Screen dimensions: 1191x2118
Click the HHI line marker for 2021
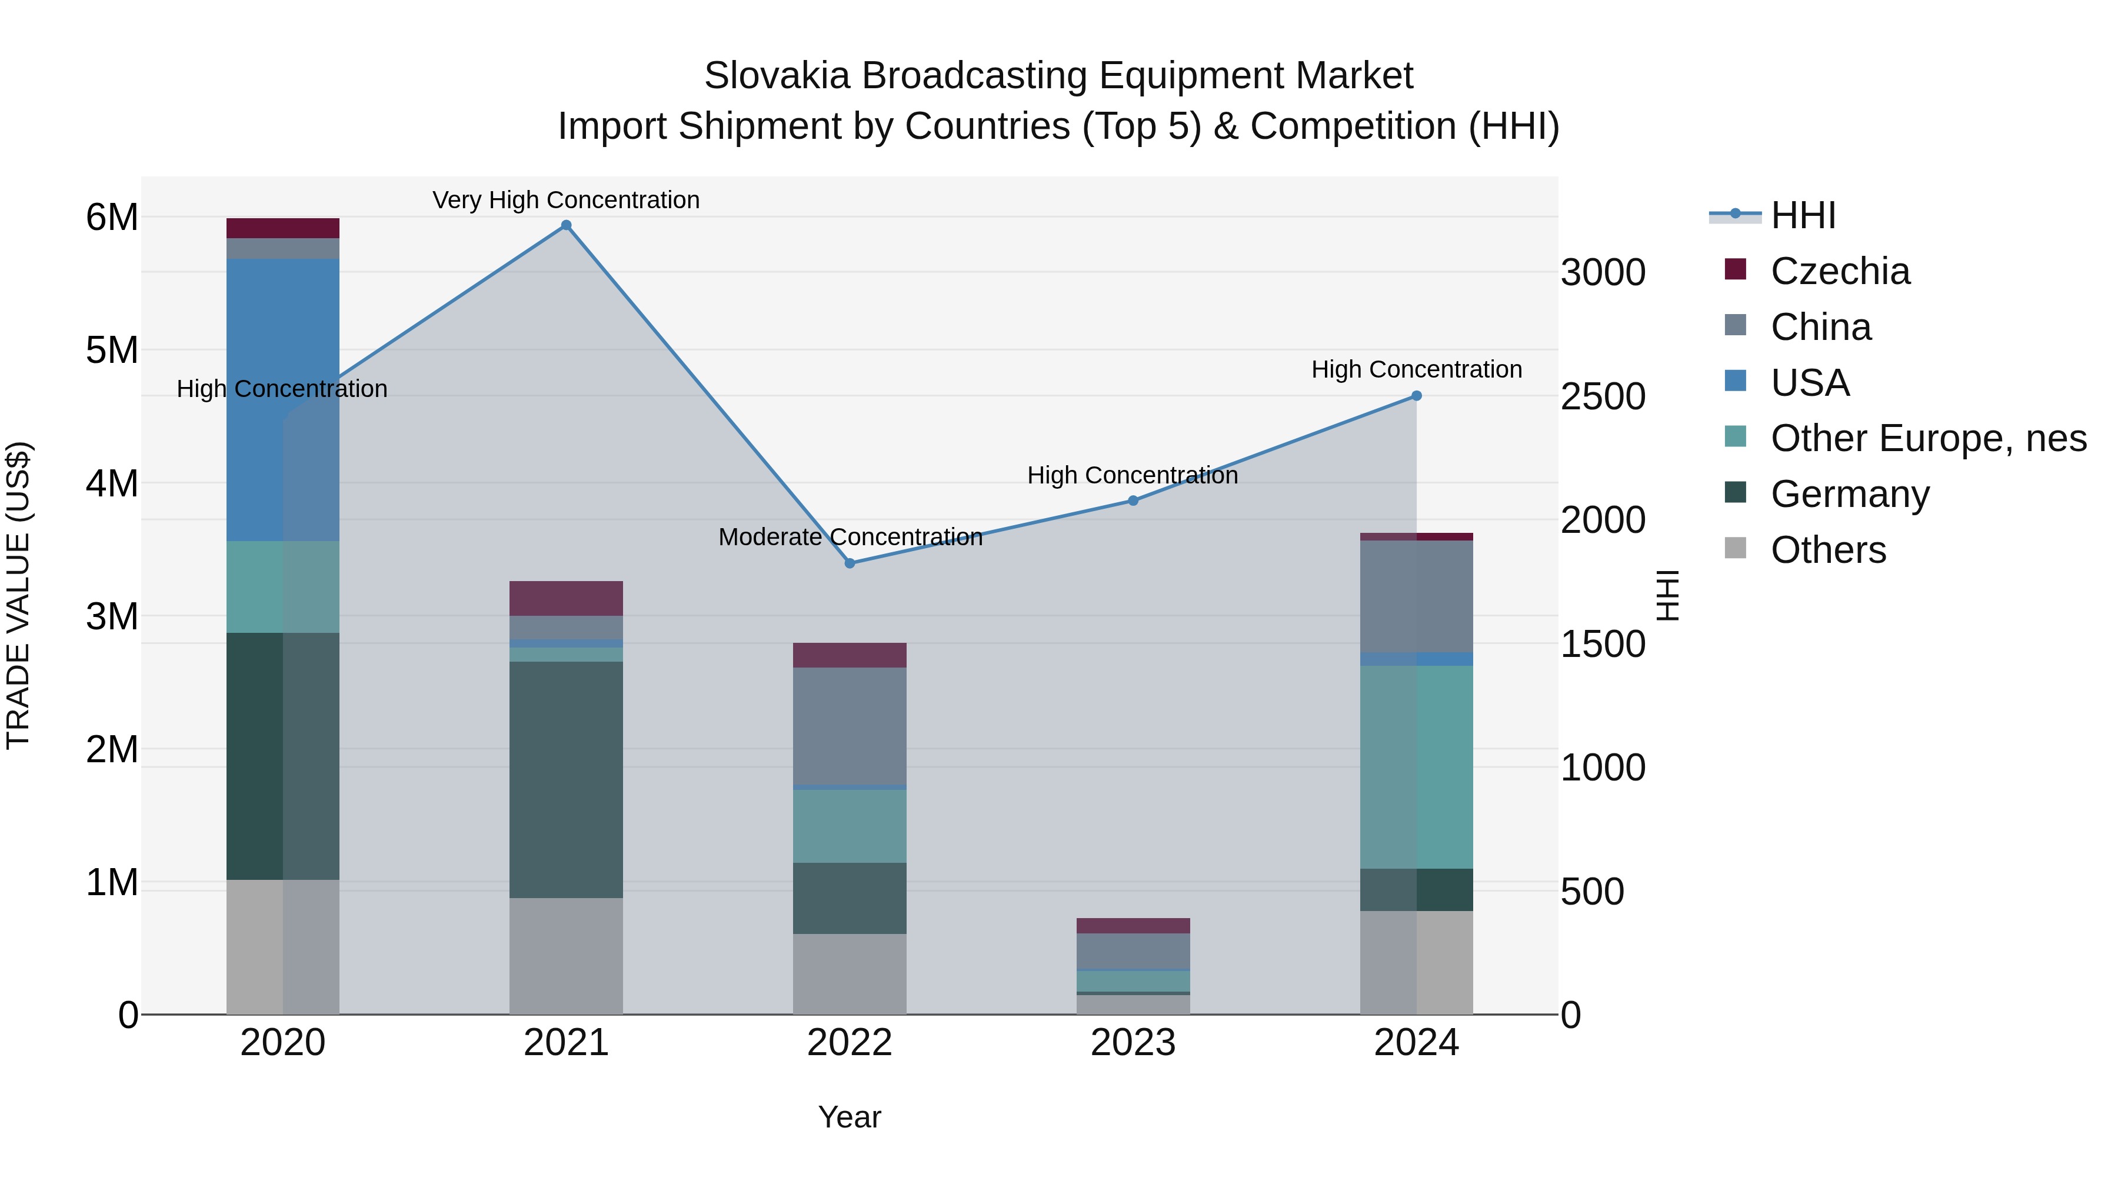point(565,225)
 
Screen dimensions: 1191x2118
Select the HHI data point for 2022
point(850,563)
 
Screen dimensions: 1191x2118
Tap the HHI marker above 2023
point(1133,501)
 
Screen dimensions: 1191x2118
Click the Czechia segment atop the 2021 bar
point(565,598)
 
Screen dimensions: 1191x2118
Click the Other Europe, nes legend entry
point(1927,438)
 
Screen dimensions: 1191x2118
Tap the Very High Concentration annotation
point(565,200)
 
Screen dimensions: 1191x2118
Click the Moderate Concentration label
point(850,537)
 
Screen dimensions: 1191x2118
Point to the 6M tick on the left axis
point(112,218)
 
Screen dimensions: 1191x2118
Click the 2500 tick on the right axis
point(1603,397)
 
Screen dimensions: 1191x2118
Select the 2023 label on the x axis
point(1133,1043)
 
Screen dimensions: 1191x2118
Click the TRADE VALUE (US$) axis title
point(18,595)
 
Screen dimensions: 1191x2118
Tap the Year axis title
point(850,1117)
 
